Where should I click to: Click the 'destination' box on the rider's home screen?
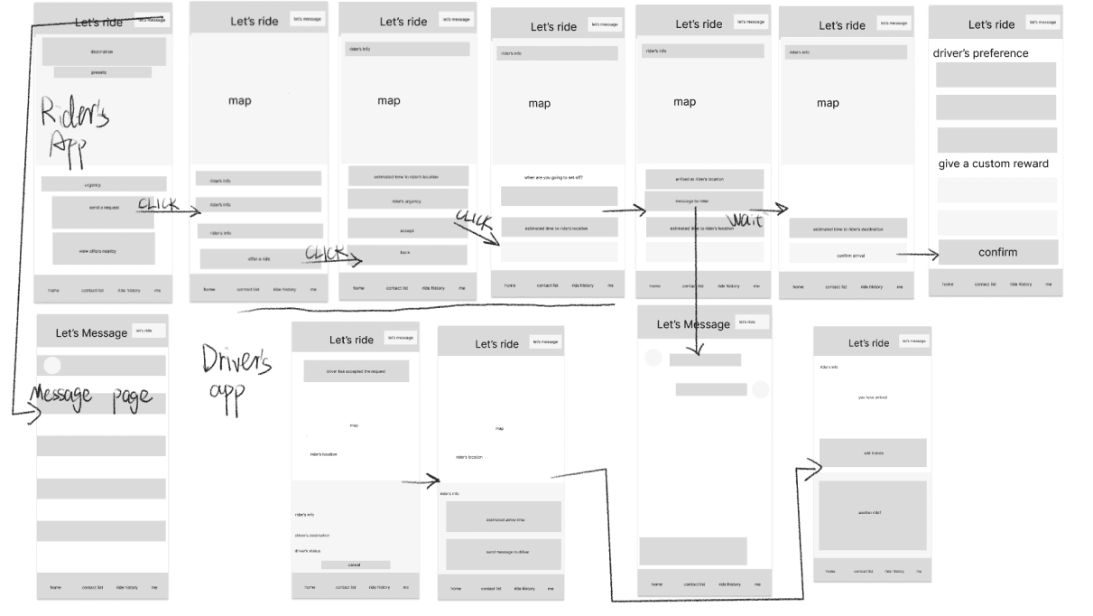click(103, 51)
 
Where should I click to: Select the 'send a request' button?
click(104, 209)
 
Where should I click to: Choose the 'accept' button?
click(407, 230)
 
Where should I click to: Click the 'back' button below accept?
click(407, 254)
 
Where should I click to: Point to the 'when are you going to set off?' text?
click(554, 177)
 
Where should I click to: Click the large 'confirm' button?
click(997, 252)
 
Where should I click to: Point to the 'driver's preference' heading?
click(980, 53)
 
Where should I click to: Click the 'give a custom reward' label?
click(993, 163)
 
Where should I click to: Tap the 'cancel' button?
click(356, 565)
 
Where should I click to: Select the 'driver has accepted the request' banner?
click(356, 371)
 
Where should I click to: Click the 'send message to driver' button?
click(503, 554)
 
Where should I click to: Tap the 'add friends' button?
click(872, 453)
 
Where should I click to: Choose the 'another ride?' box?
click(872, 514)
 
